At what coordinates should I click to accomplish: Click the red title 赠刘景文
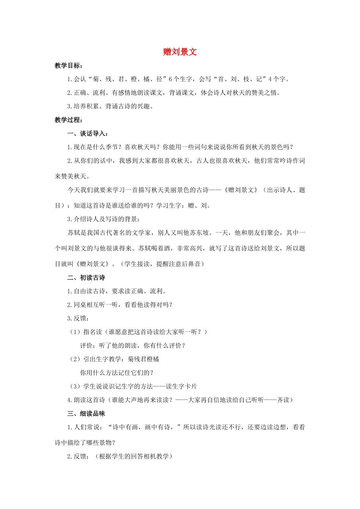(180, 52)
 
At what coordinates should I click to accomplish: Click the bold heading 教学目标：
(68, 66)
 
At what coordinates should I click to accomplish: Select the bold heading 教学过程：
(68, 120)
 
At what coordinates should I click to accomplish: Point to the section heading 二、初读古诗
(86, 278)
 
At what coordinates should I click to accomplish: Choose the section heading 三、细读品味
(86, 414)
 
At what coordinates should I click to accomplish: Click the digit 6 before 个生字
(171, 79)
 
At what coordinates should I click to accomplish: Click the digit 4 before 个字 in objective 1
(270, 79)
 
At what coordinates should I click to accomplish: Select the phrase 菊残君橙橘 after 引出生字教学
(144, 359)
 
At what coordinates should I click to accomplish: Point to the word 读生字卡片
(181, 386)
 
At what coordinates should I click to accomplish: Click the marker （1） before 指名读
(74, 332)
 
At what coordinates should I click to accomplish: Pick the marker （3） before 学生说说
(74, 386)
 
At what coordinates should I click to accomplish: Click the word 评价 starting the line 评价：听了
(86, 345)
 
